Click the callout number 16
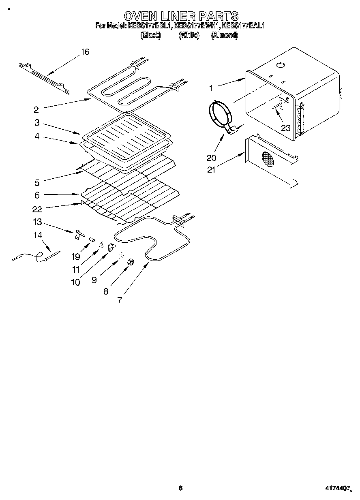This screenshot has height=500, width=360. (x=85, y=52)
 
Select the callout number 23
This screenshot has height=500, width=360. (x=286, y=128)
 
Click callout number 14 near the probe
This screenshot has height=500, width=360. (x=37, y=235)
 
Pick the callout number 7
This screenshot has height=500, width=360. (x=120, y=300)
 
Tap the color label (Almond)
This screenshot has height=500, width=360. (x=224, y=35)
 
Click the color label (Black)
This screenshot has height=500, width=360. (x=150, y=35)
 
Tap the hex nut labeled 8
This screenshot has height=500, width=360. (x=131, y=262)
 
